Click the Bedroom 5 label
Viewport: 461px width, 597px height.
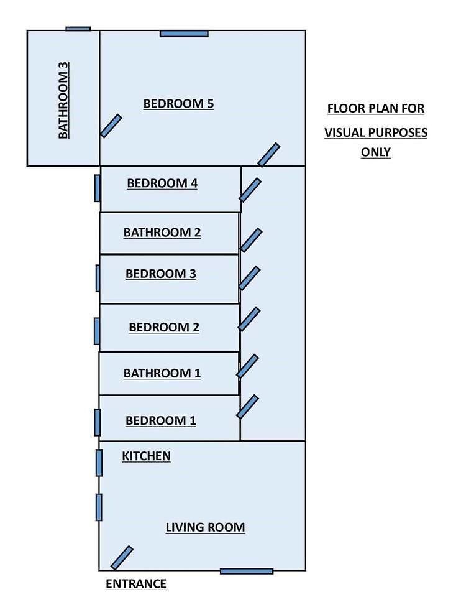click(178, 104)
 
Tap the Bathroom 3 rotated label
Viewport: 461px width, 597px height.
click(63, 100)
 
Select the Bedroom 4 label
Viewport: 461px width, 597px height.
click(162, 183)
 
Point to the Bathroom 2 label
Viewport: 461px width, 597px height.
click(162, 232)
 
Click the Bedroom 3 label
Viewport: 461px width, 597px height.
click(161, 274)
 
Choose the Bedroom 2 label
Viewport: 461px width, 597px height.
click(164, 327)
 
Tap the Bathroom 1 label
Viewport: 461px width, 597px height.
click(162, 373)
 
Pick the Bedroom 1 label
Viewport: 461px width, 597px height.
click(161, 420)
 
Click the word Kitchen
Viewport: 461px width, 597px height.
click(147, 456)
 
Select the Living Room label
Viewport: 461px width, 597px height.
click(206, 527)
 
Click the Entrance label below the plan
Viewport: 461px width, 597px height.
click(136, 584)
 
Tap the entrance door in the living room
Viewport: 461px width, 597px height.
click(122, 558)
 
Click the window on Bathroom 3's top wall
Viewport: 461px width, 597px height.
click(78, 29)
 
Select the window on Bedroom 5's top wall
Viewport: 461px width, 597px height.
click(184, 34)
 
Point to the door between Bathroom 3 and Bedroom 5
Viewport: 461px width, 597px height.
click(111, 126)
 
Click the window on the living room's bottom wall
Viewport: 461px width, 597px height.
click(247, 571)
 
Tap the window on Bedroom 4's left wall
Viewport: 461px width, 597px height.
click(98, 188)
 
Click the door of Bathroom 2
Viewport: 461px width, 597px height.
click(251, 240)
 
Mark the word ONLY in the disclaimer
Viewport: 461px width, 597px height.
click(376, 152)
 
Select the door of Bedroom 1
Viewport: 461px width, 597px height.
click(248, 407)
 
